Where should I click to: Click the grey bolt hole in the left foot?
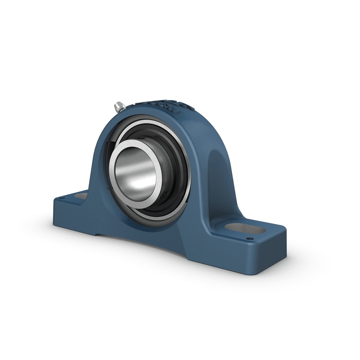coord(81,196)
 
